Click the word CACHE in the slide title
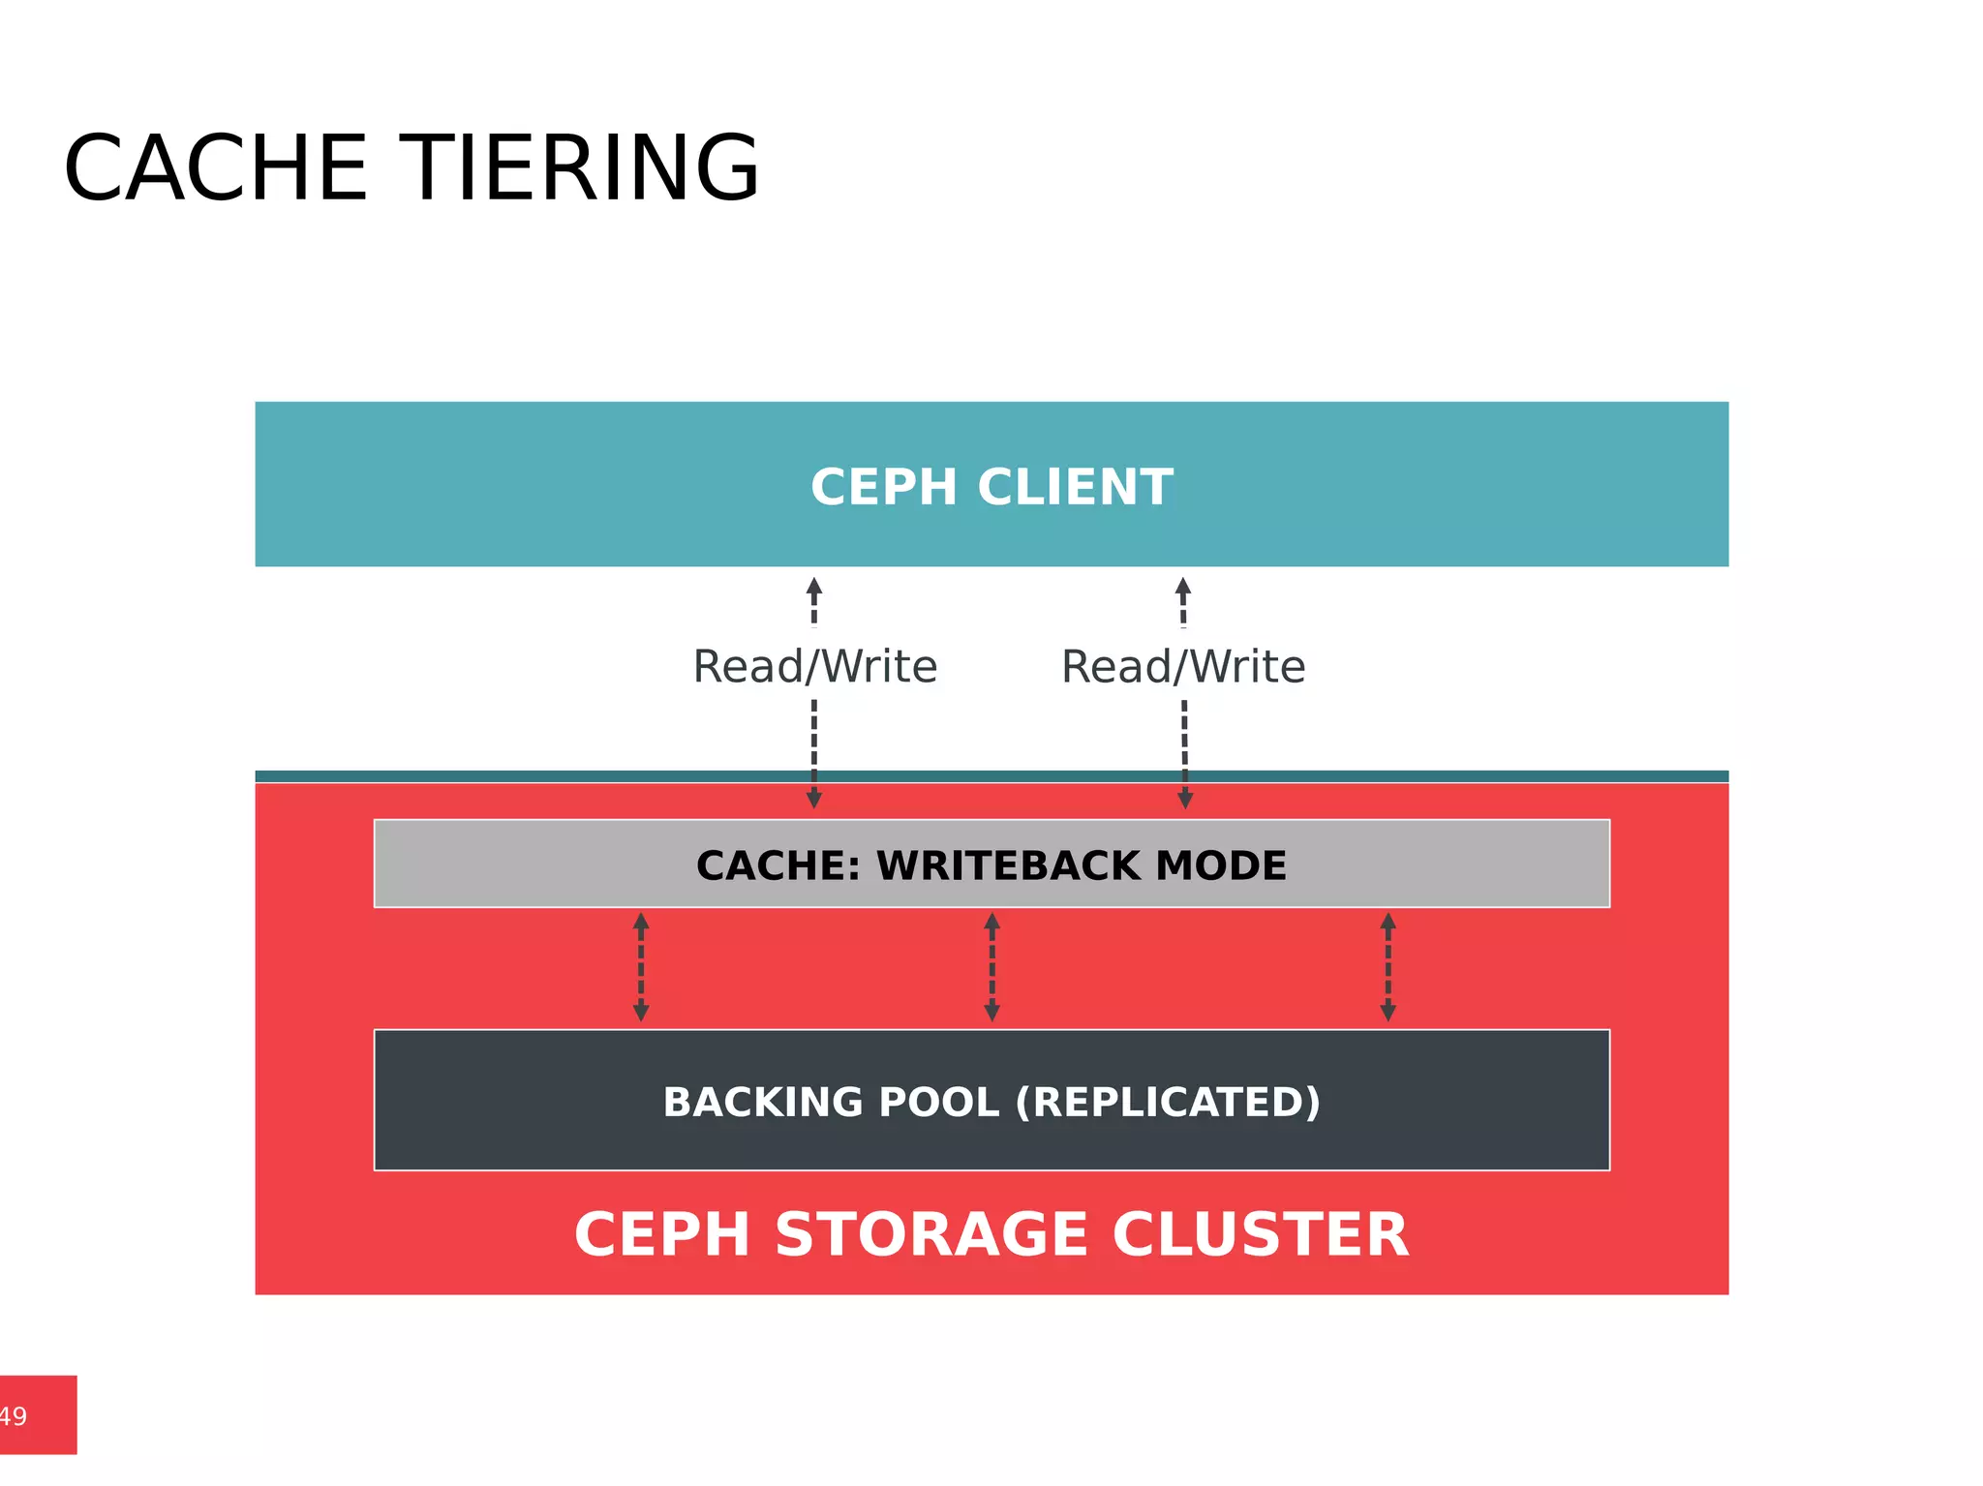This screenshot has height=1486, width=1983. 215,168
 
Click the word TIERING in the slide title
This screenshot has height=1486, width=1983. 579,168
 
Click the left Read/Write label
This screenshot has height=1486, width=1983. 814,667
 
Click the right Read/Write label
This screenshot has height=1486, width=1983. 1183,667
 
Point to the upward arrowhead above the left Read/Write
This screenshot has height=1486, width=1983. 814,587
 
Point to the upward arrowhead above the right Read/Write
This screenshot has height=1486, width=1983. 1183,587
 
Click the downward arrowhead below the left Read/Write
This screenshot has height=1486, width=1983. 814,799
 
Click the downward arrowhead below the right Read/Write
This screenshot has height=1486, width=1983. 1184,799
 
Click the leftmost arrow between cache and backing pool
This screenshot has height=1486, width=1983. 641,967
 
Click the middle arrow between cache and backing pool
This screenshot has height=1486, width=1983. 991,967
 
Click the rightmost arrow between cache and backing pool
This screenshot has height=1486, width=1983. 1388,967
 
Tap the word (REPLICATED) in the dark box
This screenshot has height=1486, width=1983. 1168,1103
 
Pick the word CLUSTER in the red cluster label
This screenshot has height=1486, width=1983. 1260,1235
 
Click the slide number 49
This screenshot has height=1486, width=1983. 14,1416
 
